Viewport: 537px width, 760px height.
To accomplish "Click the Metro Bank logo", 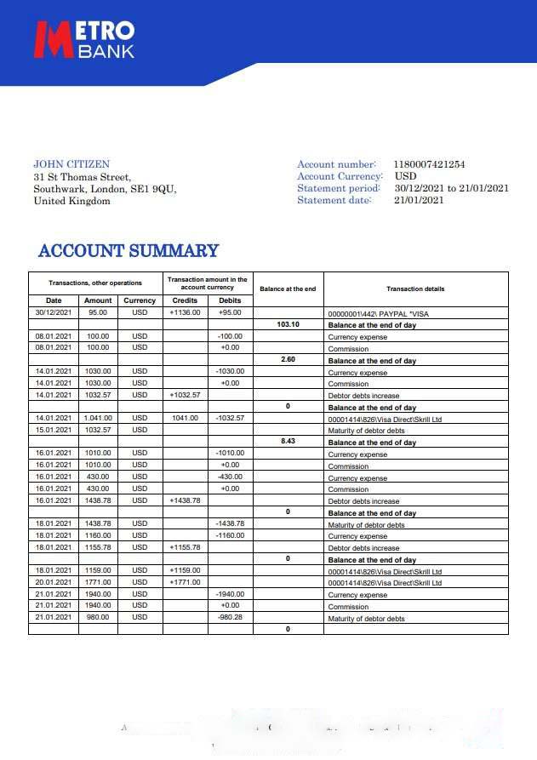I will pyautogui.click(x=83, y=39).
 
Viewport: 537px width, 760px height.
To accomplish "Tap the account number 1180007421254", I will pyautogui.click(x=429, y=164).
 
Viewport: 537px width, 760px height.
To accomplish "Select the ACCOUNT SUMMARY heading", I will pyautogui.click(x=129, y=251).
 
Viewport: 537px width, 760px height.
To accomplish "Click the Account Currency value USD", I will pyautogui.click(x=406, y=176).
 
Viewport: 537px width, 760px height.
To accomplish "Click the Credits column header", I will pyautogui.click(x=185, y=300).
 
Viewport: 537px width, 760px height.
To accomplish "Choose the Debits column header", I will pyautogui.click(x=230, y=300).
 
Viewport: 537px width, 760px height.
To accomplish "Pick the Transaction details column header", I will pyautogui.click(x=415, y=289).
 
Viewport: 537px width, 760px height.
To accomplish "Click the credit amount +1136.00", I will pyautogui.click(x=185, y=312).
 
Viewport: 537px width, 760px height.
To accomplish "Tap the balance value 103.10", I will pyautogui.click(x=288, y=324).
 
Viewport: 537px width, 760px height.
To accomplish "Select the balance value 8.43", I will pyautogui.click(x=288, y=442).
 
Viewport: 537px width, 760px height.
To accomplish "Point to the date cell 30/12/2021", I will pyautogui.click(x=54, y=312).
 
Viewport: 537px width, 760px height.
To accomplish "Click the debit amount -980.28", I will pyautogui.click(x=230, y=617).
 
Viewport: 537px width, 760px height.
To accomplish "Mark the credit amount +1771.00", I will pyautogui.click(x=185, y=582).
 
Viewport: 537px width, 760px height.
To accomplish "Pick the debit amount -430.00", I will pyautogui.click(x=230, y=477).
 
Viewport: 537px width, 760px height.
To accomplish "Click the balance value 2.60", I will pyautogui.click(x=288, y=360).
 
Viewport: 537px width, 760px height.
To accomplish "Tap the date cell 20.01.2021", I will pyautogui.click(x=54, y=582).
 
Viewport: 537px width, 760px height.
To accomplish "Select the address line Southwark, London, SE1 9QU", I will pyautogui.click(x=105, y=189).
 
